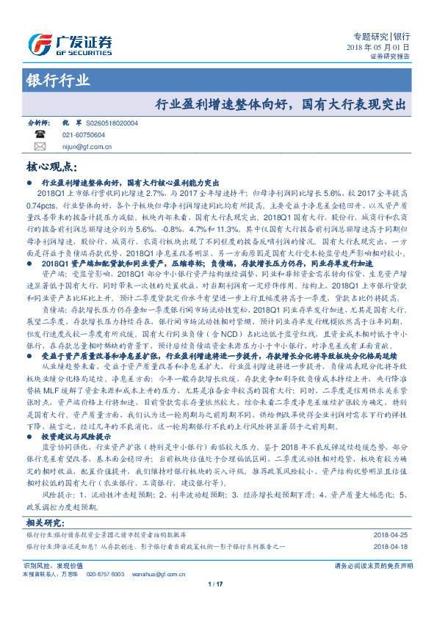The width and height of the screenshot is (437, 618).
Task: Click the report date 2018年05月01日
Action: click(378, 47)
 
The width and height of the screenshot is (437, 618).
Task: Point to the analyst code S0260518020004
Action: click(111, 123)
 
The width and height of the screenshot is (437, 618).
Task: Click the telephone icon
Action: click(40, 135)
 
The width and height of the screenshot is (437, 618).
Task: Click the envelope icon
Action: click(40, 147)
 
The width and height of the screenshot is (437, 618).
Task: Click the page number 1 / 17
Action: click(215, 584)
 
